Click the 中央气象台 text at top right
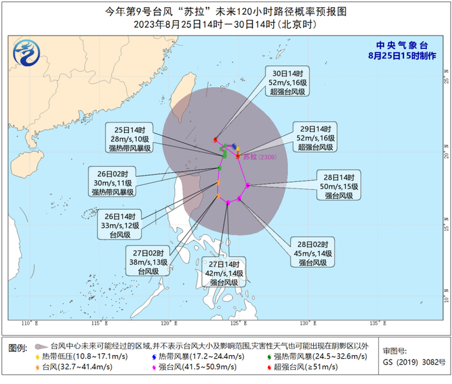[402, 45]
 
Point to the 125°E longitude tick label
[236, 322]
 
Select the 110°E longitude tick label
[26, 322]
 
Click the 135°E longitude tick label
[376, 322]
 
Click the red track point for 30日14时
[215, 139]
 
